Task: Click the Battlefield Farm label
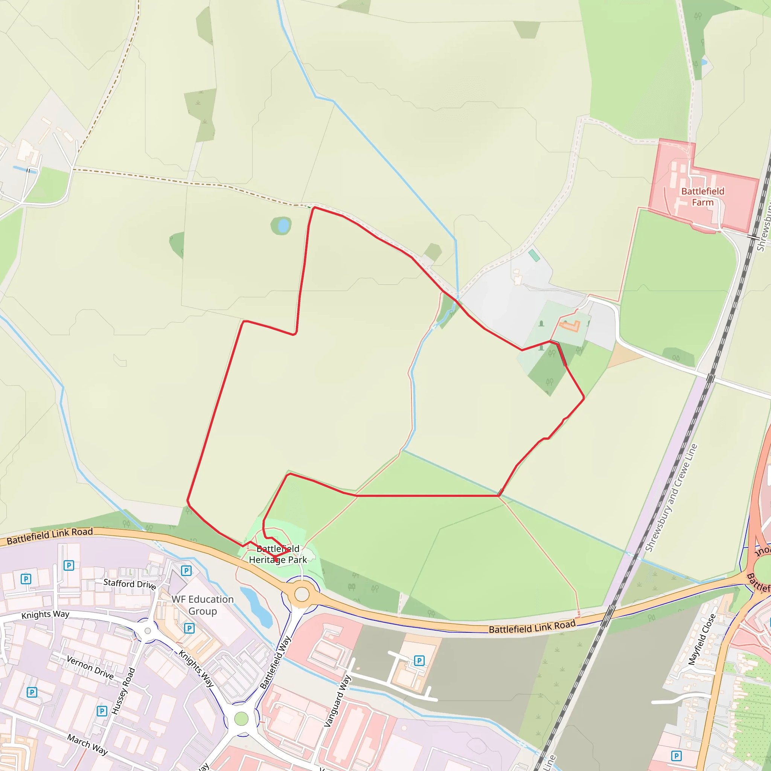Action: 702,197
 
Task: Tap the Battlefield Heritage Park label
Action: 278,554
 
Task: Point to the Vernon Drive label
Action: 90,667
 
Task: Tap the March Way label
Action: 87,744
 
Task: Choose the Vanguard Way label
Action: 338,701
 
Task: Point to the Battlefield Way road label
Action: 275,663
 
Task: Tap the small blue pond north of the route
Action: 283,226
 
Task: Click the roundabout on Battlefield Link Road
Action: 302,594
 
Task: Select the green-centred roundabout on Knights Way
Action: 241,719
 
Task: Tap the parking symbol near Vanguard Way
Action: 419,661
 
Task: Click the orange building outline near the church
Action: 570,326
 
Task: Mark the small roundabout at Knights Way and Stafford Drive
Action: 148,631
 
